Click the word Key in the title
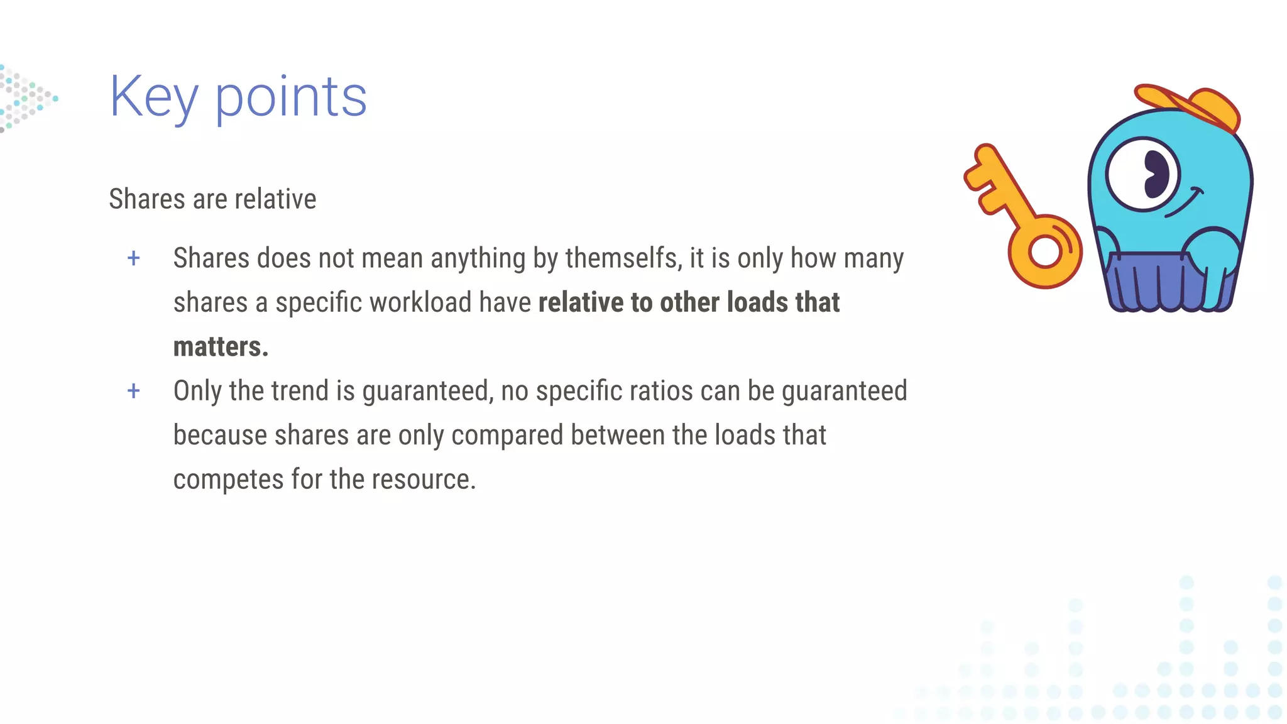point(154,97)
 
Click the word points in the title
point(291,97)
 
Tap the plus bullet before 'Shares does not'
point(133,258)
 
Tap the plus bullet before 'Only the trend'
point(133,391)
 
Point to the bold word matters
point(221,347)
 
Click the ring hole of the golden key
point(1044,251)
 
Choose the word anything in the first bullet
point(478,258)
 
